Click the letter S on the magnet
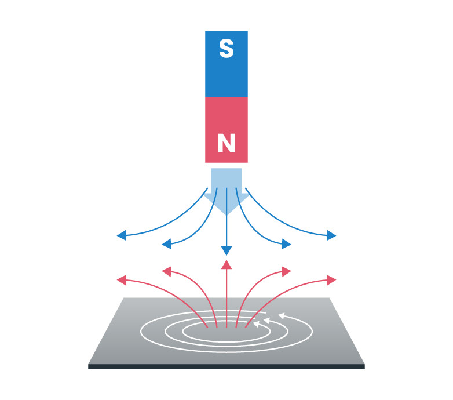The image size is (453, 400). click(226, 50)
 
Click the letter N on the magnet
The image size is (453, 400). click(226, 143)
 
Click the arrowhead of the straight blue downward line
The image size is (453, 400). click(226, 251)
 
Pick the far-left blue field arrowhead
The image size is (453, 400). click(122, 235)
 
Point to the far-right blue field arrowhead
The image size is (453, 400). click(331, 235)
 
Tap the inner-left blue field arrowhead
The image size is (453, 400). click(167, 244)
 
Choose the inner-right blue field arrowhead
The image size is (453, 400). click(286, 244)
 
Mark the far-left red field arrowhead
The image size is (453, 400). click(122, 280)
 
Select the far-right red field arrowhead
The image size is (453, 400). click(331, 280)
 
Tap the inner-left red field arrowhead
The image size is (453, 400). click(167, 271)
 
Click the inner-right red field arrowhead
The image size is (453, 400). click(286, 271)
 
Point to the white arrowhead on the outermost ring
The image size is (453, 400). click(282, 316)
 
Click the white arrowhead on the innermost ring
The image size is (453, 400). click(257, 324)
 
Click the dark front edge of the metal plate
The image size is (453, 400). click(226, 366)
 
